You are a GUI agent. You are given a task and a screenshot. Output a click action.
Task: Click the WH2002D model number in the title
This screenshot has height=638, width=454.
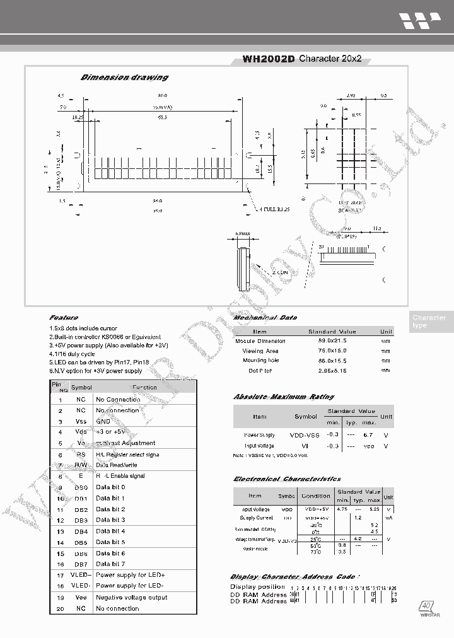pyautogui.click(x=269, y=59)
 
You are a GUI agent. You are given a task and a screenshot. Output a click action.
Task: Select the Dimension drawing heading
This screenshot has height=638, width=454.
pyautogui.click(x=124, y=78)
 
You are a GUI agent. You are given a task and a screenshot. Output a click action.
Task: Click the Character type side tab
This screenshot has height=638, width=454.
pyautogui.click(x=429, y=322)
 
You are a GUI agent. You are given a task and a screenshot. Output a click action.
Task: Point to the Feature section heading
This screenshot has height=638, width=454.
pyautogui.click(x=64, y=318)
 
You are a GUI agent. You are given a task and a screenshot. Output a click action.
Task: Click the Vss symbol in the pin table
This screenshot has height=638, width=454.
pyautogui.click(x=81, y=421)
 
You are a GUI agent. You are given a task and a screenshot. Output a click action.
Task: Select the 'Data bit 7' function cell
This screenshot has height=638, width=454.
pyautogui.click(x=110, y=564)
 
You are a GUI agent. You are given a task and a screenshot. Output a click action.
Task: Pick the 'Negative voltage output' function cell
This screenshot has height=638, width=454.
pyautogui.click(x=131, y=598)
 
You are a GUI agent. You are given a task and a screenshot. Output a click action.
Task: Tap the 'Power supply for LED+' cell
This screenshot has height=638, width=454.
pyautogui.click(x=131, y=575)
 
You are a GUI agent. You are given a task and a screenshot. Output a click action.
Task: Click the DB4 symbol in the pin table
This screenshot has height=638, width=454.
pyautogui.click(x=81, y=531)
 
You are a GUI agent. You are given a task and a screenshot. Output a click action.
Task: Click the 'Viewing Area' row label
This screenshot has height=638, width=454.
pyautogui.click(x=260, y=351)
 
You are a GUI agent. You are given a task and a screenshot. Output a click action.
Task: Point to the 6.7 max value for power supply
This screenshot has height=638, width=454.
pyautogui.click(x=369, y=435)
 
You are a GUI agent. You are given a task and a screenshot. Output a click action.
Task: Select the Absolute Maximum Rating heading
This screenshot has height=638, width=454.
pyautogui.click(x=284, y=397)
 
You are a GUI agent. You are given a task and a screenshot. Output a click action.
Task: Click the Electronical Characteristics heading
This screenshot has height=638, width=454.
pyautogui.click(x=287, y=479)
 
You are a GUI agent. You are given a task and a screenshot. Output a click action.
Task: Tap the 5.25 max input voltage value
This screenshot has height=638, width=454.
pyautogui.click(x=375, y=509)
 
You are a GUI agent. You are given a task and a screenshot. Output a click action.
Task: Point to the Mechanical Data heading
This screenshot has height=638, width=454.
pyautogui.click(x=265, y=318)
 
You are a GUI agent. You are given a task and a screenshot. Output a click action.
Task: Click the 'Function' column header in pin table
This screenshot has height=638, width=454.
pyautogui.click(x=144, y=387)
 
